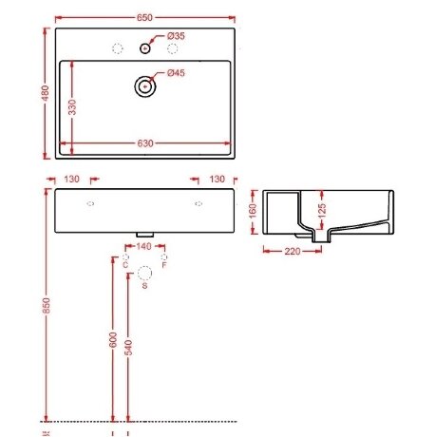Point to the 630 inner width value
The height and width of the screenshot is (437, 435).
click(x=144, y=143)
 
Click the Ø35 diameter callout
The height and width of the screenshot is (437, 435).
click(x=177, y=35)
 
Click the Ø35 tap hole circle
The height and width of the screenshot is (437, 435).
click(x=144, y=47)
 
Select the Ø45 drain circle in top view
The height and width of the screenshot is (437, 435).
click(x=144, y=85)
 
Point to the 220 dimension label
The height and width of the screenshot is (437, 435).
click(x=293, y=251)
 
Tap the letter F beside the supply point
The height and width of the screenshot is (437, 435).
click(x=165, y=267)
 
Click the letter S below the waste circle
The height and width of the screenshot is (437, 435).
click(x=144, y=287)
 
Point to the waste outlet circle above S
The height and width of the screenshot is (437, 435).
click(x=144, y=274)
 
